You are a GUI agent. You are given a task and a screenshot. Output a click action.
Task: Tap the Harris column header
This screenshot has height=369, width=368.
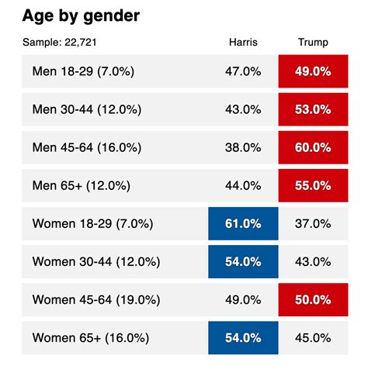point(242,42)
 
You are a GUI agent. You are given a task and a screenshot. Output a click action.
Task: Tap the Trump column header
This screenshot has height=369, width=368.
point(313,42)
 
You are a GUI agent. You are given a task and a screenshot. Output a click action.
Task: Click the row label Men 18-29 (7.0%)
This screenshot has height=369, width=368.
point(84,71)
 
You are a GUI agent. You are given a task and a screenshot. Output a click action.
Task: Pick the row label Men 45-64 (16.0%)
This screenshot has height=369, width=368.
point(87,147)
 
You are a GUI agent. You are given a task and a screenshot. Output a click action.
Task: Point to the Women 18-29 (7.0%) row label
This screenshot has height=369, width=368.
point(93,223)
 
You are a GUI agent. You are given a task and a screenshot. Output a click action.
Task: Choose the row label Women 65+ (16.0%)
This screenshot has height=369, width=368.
point(92,337)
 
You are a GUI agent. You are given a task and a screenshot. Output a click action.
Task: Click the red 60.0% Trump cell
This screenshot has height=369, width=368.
point(313,147)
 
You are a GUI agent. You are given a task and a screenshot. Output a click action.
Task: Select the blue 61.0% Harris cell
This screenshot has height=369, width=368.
point(243,223)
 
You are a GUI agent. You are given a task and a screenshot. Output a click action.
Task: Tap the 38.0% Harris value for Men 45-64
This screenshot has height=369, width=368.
point(243,147)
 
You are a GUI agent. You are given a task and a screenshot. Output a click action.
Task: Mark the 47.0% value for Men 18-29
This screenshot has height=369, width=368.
point(243,71)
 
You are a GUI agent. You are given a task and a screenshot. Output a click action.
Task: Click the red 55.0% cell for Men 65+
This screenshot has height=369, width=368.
point(313,185)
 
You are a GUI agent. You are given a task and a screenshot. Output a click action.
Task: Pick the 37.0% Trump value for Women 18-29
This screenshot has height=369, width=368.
point(313,223)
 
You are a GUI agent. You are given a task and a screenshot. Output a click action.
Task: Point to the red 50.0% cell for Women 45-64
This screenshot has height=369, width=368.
point(313,299)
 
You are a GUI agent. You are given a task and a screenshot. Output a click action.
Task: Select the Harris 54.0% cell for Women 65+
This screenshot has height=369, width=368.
point(243,337)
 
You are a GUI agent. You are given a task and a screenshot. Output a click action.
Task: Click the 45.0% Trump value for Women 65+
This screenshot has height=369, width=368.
point(313,337)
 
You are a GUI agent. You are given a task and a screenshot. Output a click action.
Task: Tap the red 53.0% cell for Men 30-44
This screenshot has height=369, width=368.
point(313,109)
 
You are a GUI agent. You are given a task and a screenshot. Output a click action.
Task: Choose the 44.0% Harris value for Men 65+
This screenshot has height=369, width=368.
point(243,185)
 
